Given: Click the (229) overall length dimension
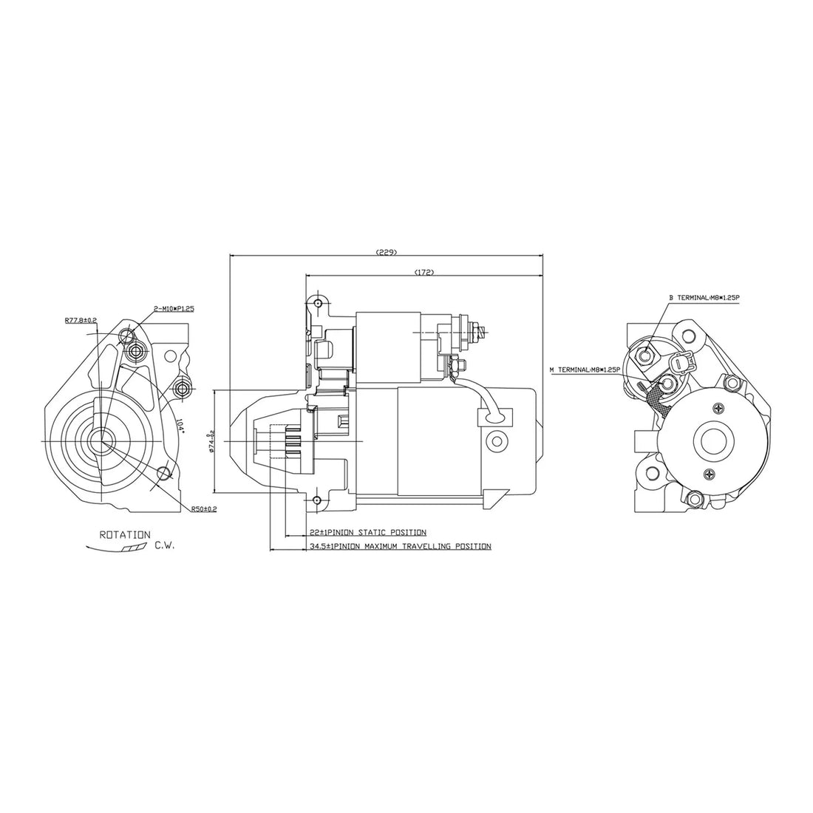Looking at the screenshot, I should click(x=387, y=252).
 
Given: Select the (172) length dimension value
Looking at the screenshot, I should click(x=423, y=272).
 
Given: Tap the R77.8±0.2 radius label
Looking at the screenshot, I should click(x=81, y=320).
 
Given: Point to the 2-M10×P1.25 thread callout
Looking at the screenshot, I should click(x=174, y=309).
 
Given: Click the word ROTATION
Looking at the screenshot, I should click(x=125, y=534).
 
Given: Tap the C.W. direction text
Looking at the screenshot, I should click(x=165, y=546).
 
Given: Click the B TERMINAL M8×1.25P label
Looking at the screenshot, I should click(x=704, y=298).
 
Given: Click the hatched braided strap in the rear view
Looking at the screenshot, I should click(x=655, y=399).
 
